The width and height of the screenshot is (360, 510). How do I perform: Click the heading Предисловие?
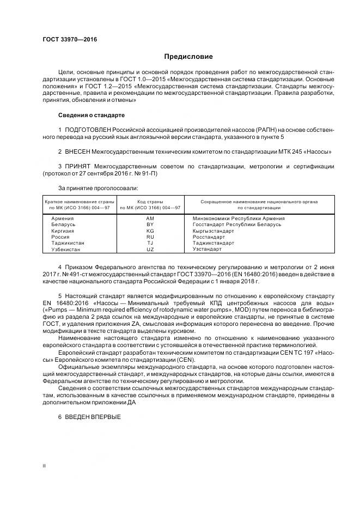pyautogui.click(x=189, y=57)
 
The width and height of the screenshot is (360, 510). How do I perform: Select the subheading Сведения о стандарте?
pyautogui.click(x=91, y=116)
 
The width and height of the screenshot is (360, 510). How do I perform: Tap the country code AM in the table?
pyautogui.click(x=150, y=218)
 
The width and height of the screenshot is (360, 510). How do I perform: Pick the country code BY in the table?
pyautogui.click(x=150, y=224)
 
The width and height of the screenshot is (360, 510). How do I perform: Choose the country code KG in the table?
pyautogui.click(x=150, y=230)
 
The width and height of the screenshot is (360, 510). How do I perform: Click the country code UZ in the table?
pyautogui.click(x=150, y=249)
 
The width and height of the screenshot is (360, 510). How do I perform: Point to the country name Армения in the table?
pyautogui.click(x=63, y=218)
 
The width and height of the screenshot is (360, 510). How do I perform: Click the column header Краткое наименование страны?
pyautogui.click(x=77, y=202)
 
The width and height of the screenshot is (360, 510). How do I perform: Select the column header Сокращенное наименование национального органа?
pyautogui.click(x=259, y=202)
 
